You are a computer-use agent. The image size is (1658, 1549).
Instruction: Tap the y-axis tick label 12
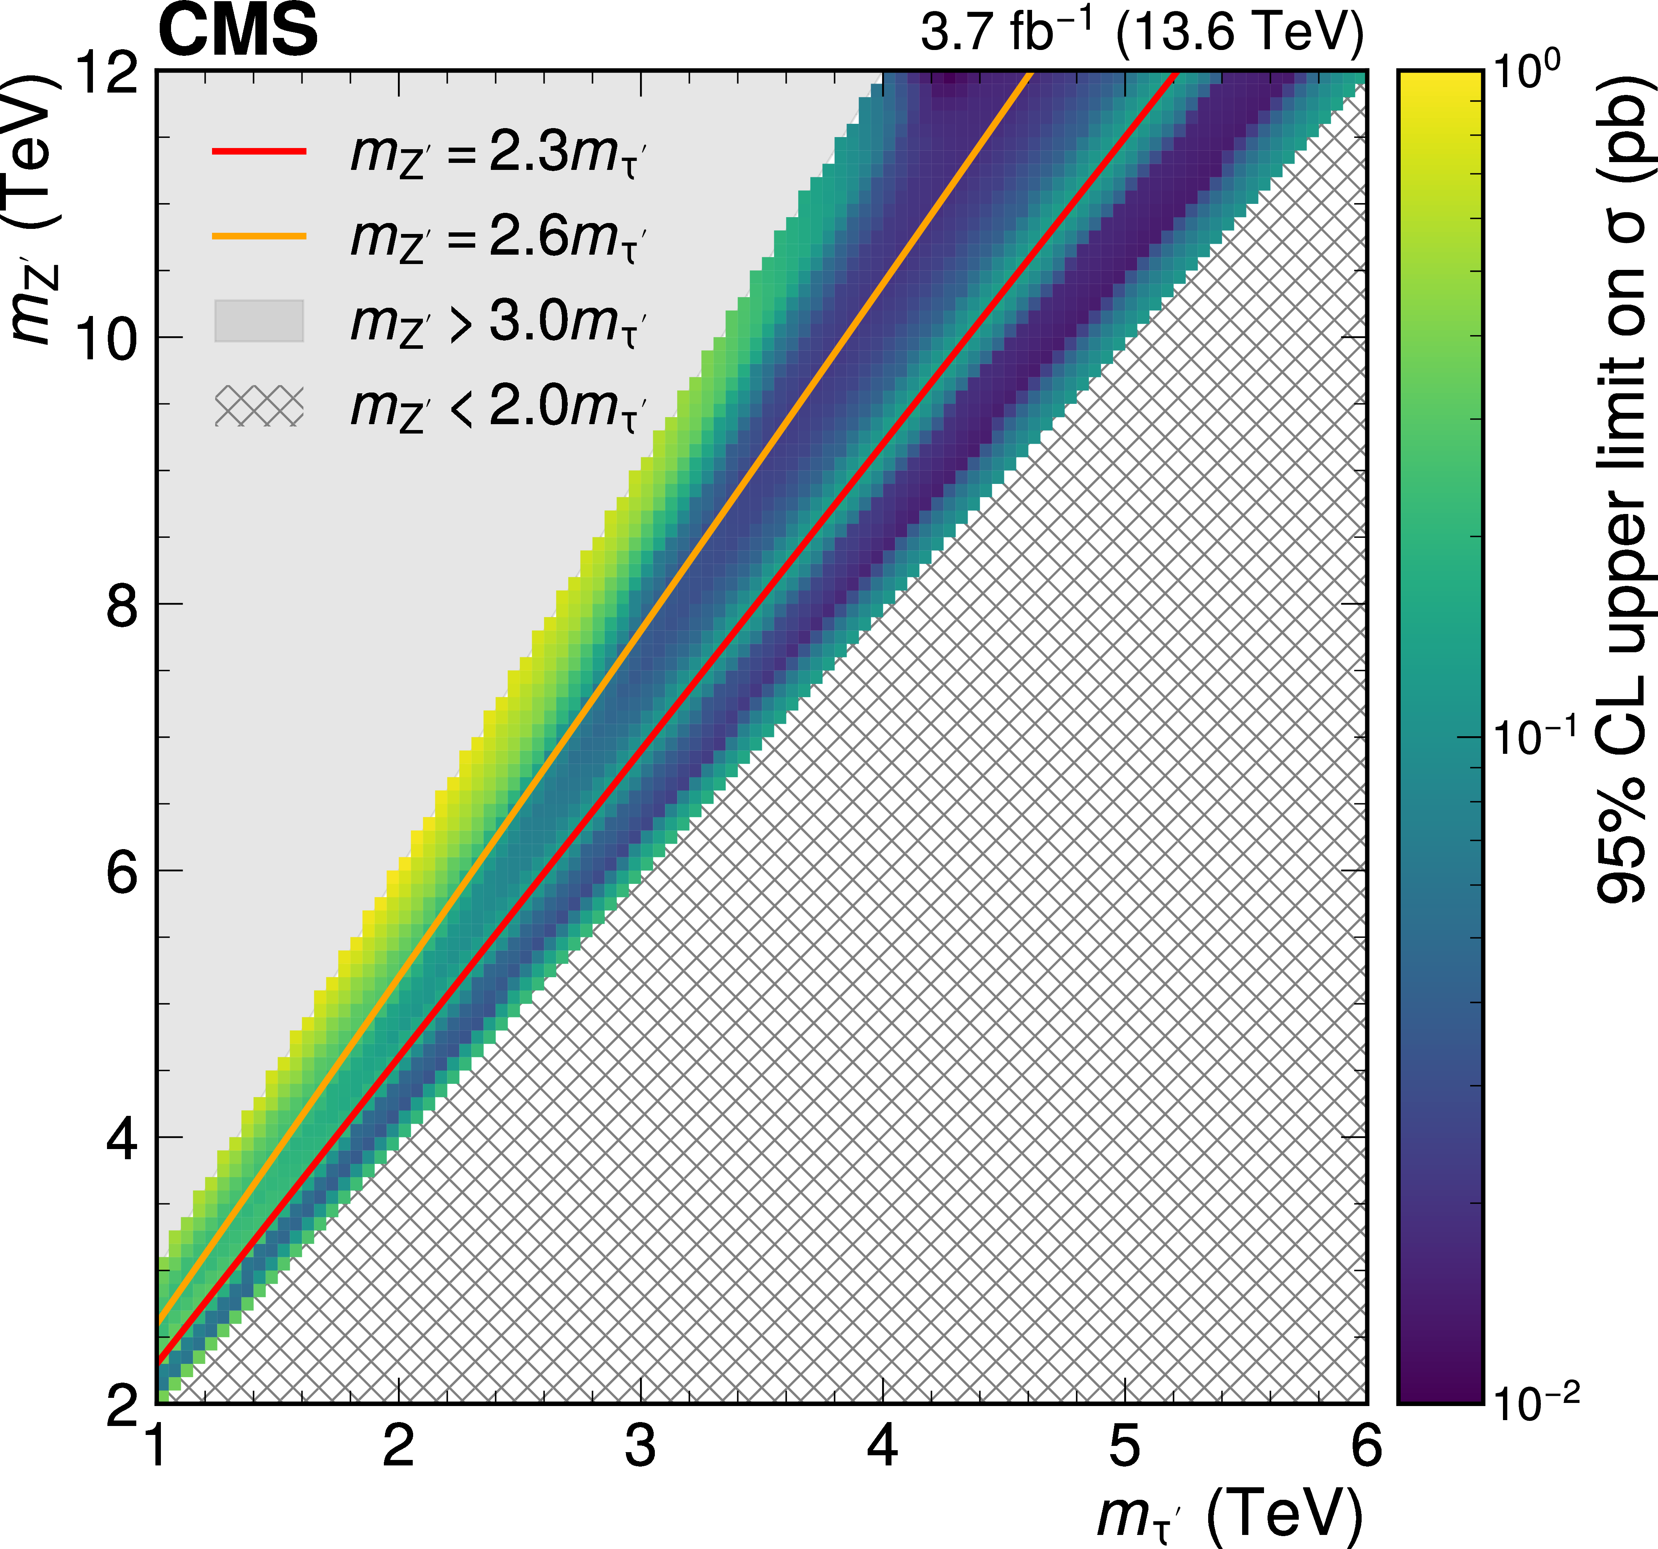(107, 73)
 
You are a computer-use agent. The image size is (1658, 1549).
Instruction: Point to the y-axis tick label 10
(107, 339)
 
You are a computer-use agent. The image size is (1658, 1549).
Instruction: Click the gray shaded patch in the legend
(259, 321)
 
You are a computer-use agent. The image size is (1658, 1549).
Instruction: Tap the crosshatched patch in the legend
(259, 406)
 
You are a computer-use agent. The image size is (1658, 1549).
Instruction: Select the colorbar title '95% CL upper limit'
(1622, 492)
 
